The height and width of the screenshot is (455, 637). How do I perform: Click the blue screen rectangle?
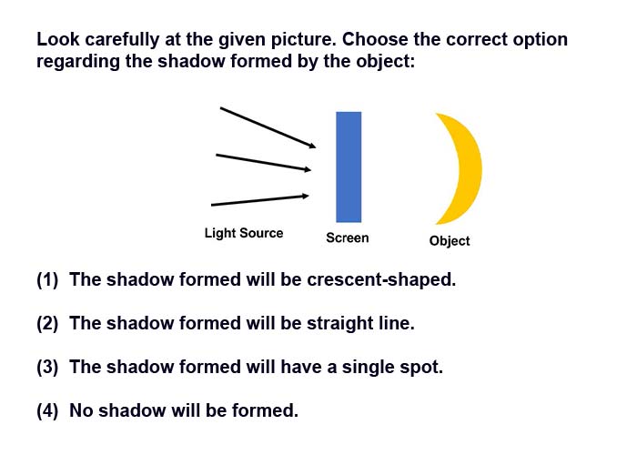(349, 167)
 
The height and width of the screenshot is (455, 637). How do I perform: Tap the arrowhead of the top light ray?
(312, 146)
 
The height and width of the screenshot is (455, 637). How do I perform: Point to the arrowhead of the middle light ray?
(308, 169)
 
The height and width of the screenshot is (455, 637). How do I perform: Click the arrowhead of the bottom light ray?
(305, 197)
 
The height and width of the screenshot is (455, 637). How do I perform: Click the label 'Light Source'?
(244, 233)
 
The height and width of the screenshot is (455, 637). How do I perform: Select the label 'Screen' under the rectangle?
(348, 238)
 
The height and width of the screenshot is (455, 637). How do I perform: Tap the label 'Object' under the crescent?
(450, 241)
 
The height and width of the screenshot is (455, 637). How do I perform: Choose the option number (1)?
(47, 280)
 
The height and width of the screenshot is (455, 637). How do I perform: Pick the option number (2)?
(47, 323)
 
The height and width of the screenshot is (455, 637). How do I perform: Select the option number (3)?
(47, 367)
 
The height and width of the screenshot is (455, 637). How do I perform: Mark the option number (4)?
(47, 410)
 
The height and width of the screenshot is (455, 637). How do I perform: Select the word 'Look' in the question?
(57, 39)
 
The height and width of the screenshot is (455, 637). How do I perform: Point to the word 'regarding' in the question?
(78, 62)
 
